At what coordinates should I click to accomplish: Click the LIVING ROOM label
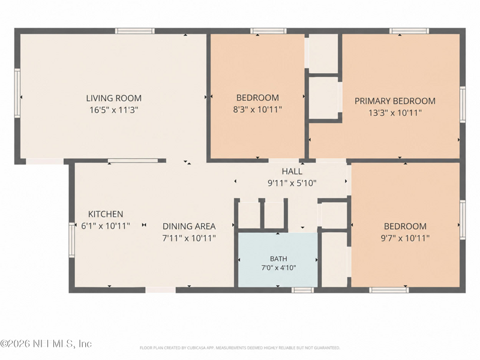pyautogui.click(x=113, y=98)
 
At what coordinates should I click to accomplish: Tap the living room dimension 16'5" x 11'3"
pyautogui.click(x=114, y=110)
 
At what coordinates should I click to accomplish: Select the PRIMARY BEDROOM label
pyautogui.click(x=395, y=101)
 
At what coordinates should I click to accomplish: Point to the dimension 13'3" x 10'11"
pyautogui.click(x=395, y=113)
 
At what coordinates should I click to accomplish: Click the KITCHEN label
pyautogui.click(x=106, y=214)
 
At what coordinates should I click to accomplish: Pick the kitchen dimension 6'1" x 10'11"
pyautogui.click(x=106, y=226)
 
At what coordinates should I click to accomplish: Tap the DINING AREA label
pyautogui.click(x=189, y=226)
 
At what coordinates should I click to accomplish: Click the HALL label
pyautogui.click(x=292, y=171)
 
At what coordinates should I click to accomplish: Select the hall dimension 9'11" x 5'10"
pyautogui.click(x=292, y=183)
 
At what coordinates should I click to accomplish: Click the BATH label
pyautogui.click(x=278, y=259)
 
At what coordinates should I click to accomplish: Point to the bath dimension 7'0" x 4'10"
pyautogui.click(x=278, y=268)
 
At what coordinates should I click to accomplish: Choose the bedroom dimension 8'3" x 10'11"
pyautogui.click(x=257, y=110)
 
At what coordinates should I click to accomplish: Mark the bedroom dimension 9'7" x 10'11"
pyautogui.click(x=405, y=238)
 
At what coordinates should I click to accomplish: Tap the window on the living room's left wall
pyautogui.click(x=17, y=93)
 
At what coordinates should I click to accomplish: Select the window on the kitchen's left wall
pyautogui.click(x=71, y=239)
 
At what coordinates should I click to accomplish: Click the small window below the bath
pyautogui.click(x=302, y=290)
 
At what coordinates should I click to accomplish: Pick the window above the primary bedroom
pyautogui.click(x=409, y=31)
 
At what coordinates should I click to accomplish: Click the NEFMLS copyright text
pyautogui.click(x=46, y=343)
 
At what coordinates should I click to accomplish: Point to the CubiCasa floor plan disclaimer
pyautogui.click(x=239, y=348)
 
